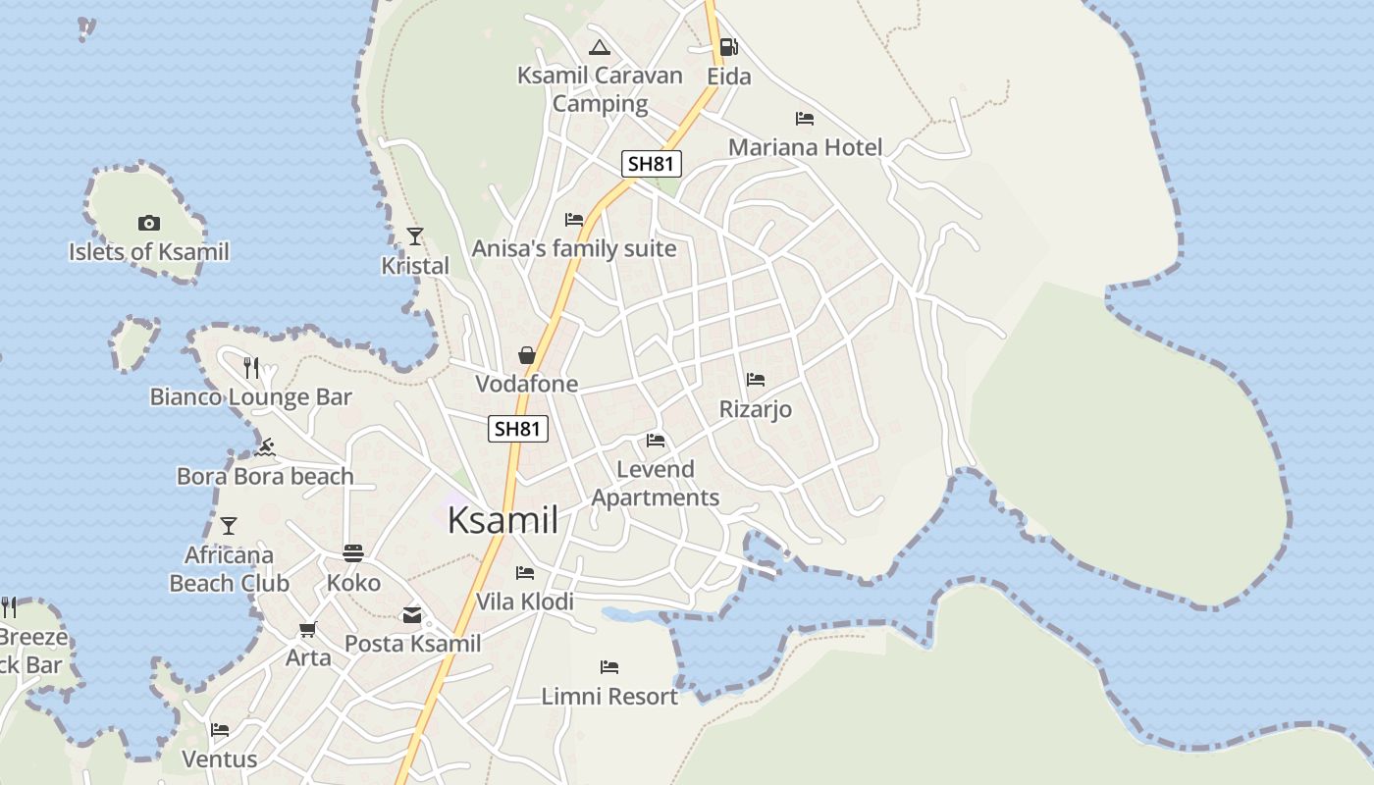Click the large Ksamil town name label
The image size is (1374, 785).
[502, 520]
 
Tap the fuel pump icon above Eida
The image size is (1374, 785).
[728, 46]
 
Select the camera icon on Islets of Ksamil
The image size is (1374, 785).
[149, 223]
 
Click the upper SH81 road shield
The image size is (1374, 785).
[651, 163]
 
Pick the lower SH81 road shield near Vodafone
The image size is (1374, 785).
[517, 428]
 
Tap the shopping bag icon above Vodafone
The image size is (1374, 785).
[527, 354]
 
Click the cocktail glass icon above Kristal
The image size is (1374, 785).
[415, 235]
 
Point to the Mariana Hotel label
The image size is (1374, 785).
[805, 147]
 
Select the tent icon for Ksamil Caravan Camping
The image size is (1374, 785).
[600, 46]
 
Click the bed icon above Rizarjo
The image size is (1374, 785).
[755, 379]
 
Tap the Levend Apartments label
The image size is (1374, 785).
[656, 483]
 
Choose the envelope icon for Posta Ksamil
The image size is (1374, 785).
[412, 615]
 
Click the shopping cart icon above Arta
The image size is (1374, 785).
[308, 628]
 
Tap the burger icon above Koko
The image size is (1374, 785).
[353, 553]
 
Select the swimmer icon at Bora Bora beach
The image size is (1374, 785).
[264, 447]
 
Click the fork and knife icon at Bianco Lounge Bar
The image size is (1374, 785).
[251, 367]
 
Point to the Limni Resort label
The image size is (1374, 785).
[609, 696]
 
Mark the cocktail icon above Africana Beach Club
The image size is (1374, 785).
[229, 526]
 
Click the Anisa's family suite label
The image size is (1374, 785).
[574, 248]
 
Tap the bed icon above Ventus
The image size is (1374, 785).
[220, 729]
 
